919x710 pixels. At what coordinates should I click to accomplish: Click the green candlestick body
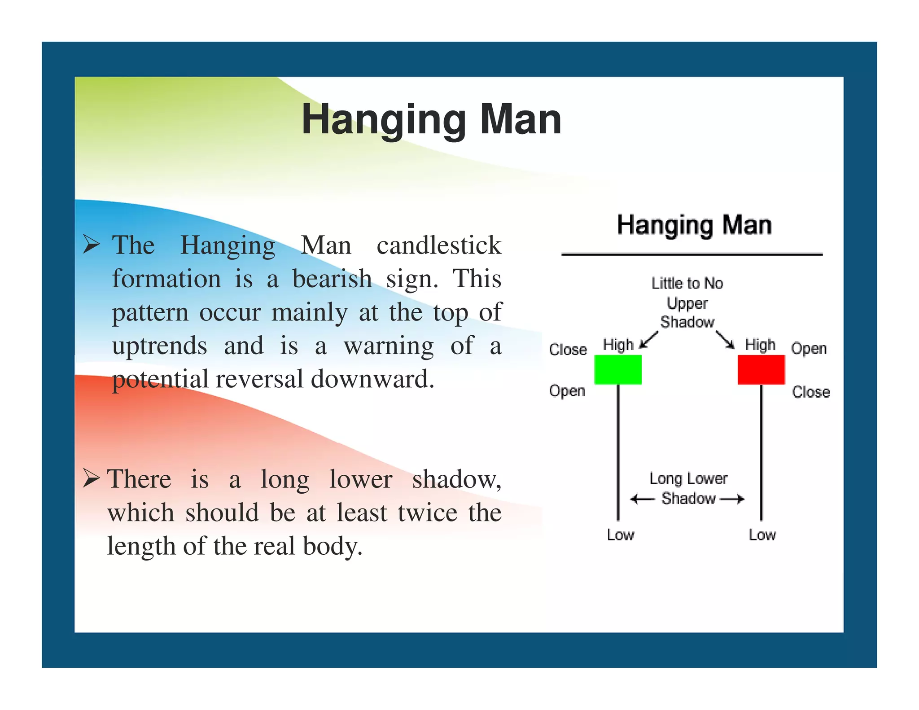[x=617, y=369]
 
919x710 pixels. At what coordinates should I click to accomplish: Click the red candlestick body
[x=761, y=369]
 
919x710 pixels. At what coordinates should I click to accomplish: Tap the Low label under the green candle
[x=620, y=535]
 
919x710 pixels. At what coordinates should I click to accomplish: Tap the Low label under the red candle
[x=762, y=535]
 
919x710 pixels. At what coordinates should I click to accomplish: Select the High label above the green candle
[x=618, y=345]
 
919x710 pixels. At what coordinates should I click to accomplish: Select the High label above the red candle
[x=760, y=345]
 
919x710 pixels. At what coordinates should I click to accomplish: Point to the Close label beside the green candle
[x=568, y=349]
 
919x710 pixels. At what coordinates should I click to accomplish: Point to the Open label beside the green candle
[x=567, y=391]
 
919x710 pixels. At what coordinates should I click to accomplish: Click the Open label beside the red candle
[x=809, y=349]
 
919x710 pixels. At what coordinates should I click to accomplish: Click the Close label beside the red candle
[x=811, y=392]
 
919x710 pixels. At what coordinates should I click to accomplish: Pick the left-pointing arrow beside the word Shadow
[x=642, y=499]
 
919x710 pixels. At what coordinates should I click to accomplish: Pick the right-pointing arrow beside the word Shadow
[x=732, y=499]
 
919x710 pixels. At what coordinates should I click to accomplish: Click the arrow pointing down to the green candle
[x=648, y=340]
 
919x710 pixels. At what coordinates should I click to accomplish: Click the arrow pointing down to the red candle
[x=725, y=340]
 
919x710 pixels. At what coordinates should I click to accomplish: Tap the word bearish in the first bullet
[x=332, y=279]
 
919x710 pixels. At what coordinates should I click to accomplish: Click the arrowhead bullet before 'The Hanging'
[x=92, y=245]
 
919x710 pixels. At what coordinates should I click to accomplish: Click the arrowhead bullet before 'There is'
[x=92, y=478]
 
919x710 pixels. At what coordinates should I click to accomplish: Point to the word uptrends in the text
[x=160, y=346]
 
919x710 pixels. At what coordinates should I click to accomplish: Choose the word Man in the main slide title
[x=521, y=119]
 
